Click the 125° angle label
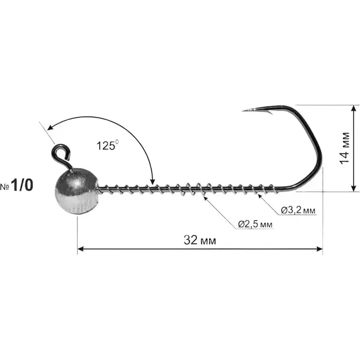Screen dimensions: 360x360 107,145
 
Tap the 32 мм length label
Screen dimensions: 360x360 200,240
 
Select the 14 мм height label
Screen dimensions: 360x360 345,148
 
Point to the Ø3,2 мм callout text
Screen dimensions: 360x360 298,210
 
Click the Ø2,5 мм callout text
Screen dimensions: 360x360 255,224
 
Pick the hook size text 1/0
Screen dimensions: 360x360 22,185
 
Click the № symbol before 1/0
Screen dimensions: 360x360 4,187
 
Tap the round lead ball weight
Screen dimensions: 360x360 76,191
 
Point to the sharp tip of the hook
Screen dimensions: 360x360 243,111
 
